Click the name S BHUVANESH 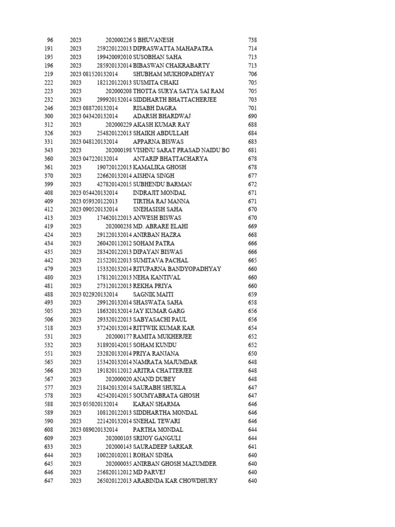tap(153, 40)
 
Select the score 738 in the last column tap(252, 40)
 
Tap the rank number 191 tap(49, 48)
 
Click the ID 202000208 tap(119, 91)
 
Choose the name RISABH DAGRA tap(154, 108)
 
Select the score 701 tap(252, 108)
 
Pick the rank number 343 tap(49, 150)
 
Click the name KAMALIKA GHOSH tap(159, 167)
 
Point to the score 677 tap(252, 175)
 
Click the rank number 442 tap(49, 260)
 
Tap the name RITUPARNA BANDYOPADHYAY tap(177, 269)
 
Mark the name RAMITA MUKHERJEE tap(163, 337)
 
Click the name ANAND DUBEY tap(154, 379)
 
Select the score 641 tap(252, 447)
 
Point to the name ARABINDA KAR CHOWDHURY tap(175, 481)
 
